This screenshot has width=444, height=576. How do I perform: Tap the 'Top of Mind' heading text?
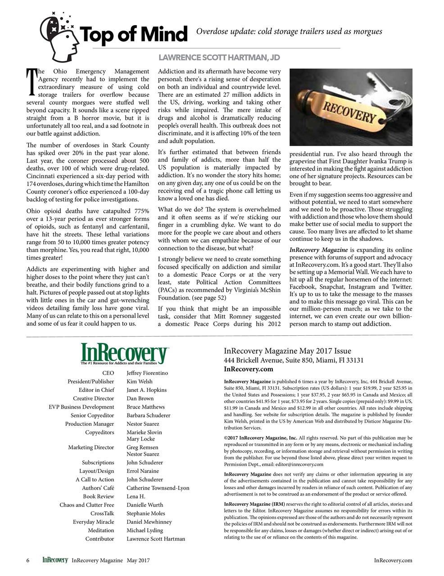[x=133, y=34]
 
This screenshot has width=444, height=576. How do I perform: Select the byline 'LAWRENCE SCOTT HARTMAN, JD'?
[x=219, y=58]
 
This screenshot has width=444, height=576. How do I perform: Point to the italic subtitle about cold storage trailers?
[x=289, y=31]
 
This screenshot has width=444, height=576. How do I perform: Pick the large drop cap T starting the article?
[x=32, y=82]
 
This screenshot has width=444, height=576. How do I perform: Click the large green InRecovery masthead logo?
[x=124, y=353]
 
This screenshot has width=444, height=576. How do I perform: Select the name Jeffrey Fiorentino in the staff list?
[x=147, y=373]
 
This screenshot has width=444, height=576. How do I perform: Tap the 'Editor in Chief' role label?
[x=96, y=390]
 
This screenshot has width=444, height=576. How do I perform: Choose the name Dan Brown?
[x=140, y=399]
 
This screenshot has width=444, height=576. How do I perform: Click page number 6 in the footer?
[x=28, y=560]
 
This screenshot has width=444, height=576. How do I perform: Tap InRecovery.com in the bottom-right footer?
[x=393, y=560]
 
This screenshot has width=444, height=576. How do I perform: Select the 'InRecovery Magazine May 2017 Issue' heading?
[x=287, y=351]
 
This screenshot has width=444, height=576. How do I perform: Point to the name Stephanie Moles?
[x=145, y=513]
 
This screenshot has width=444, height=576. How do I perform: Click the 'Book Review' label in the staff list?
[x=98, y=496]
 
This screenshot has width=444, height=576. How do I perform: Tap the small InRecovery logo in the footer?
[x=55, y=560]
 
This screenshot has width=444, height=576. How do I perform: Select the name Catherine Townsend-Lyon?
[x=158, y=488]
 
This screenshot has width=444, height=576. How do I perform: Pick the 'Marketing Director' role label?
[x=91, y=447]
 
